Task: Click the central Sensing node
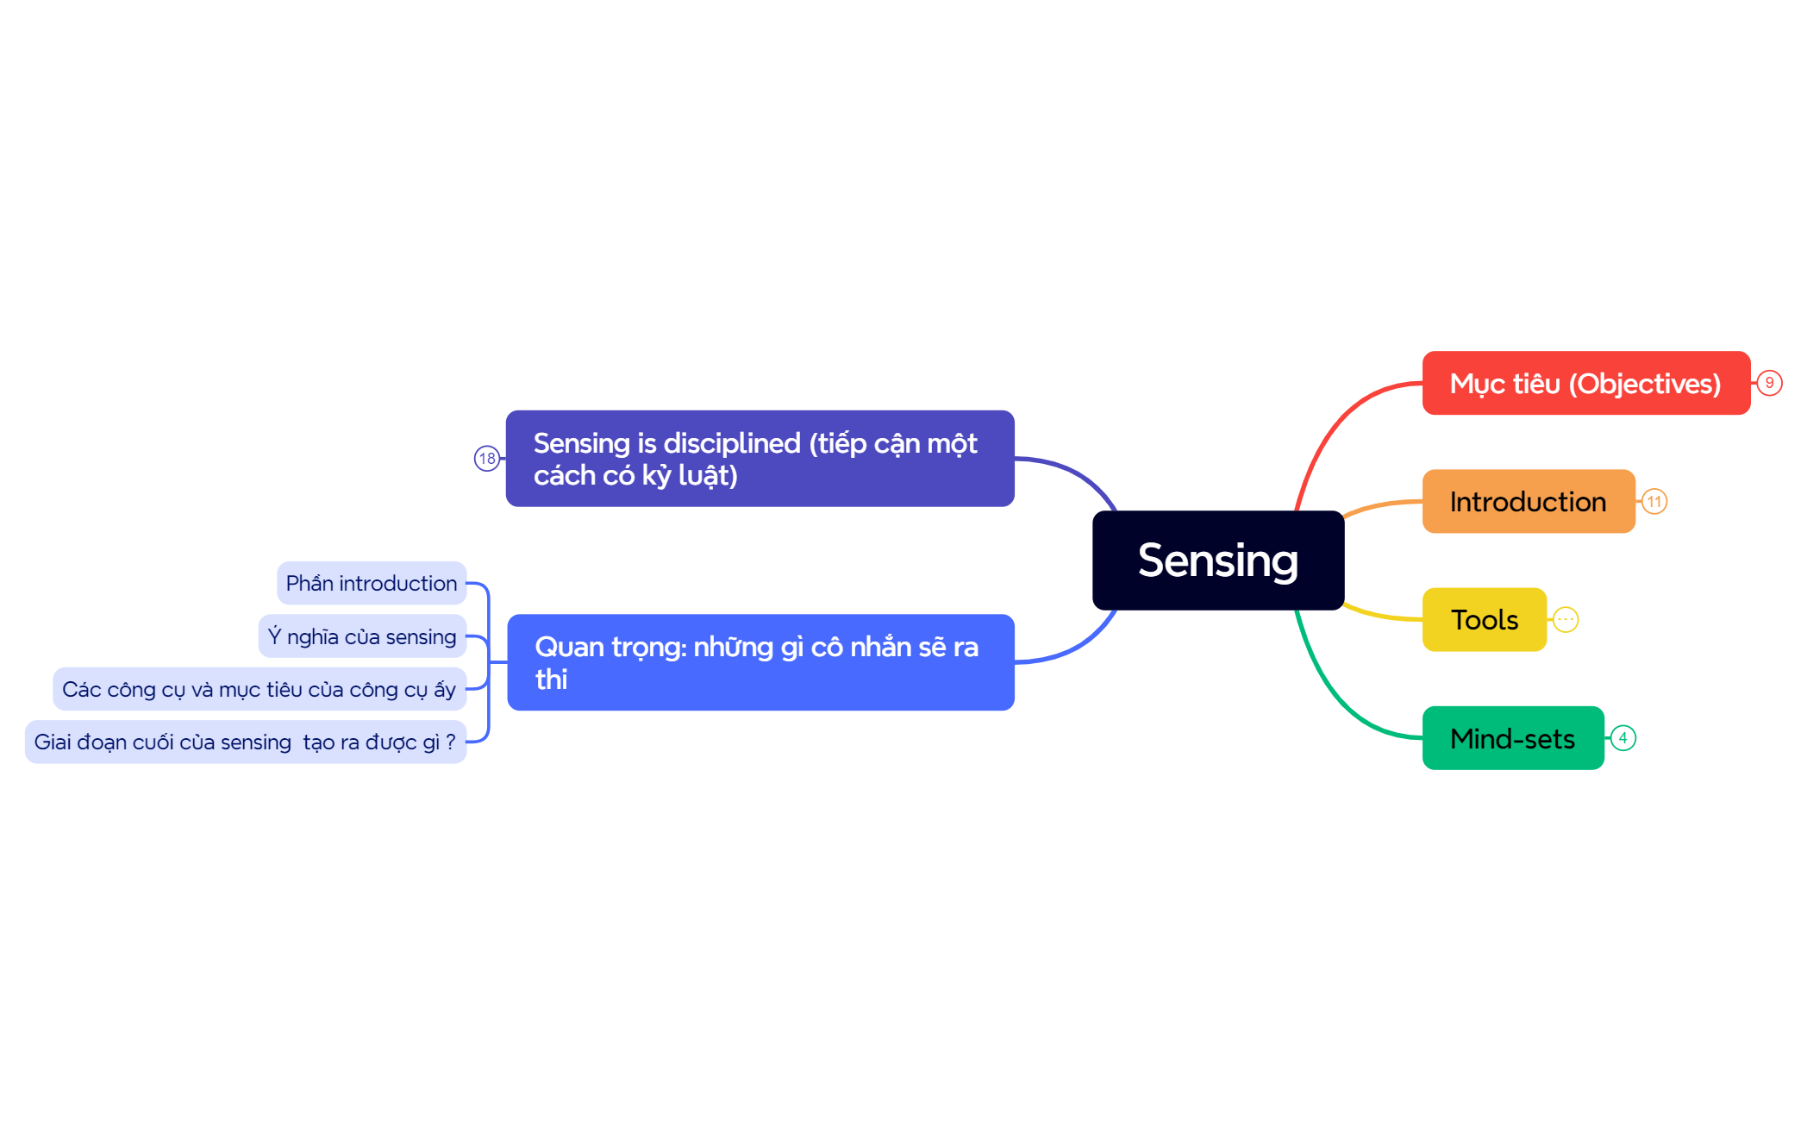[1217, 560]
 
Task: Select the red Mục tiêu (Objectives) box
[1585, 383]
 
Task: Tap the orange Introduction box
[1528, 502]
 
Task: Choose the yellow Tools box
[1484, 620]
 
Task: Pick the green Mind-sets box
[1512, 738]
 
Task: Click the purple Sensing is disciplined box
[759, 459]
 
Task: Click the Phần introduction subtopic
[371, 584]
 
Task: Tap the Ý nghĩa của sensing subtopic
[362, 636]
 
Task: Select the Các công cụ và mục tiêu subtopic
[259, 689]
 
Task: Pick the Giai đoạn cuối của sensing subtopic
[245, 742]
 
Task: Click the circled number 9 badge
[1769, 383]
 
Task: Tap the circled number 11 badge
[1654, 502]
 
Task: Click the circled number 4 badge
[1623, 738]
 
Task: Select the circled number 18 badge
[487, 458]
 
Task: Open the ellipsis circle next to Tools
[1566, 620]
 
